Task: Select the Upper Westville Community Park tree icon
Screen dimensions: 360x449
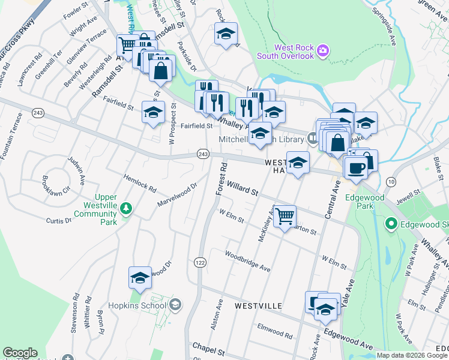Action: tap(125, 208)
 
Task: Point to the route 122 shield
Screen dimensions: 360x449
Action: tap(200, 262)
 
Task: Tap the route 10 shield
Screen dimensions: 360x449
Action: tap(391, 181)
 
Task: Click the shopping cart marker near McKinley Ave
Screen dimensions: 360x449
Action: tap(285, 215)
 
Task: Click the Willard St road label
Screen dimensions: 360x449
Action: tap(242, 191)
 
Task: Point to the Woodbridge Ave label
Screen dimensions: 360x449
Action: tap(247, 261)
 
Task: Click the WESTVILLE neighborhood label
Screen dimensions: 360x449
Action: tap(258, 306)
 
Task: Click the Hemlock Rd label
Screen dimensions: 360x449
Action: tap(139, 181)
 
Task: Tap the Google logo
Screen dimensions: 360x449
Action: tap(19, 353)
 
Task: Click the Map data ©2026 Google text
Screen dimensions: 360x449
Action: tap(411, 355)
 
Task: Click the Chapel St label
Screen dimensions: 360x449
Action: tap(208, 348)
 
